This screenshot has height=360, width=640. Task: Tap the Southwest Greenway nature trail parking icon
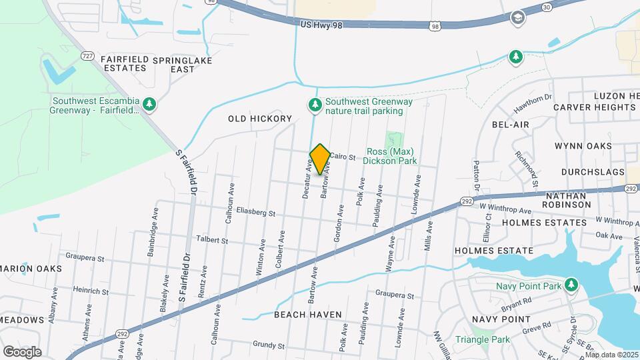point(314,105)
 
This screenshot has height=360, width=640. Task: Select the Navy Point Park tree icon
point(571,285)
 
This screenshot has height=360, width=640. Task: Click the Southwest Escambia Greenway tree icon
point(150,103)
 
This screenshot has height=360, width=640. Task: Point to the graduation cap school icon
point(517,18)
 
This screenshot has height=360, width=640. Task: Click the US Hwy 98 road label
point(321,24)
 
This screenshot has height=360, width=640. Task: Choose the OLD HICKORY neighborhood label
point(260,119)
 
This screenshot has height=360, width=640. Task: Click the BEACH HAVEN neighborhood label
point(307,314)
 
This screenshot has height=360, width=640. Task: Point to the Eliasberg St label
point(255,213)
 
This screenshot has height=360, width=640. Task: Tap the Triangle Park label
point(482,339)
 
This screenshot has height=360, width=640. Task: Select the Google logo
point(22,351)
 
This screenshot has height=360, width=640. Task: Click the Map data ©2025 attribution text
point(611,355)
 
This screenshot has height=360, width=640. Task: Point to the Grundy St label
point(269,345)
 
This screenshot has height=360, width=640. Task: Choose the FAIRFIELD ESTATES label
point(124,63)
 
